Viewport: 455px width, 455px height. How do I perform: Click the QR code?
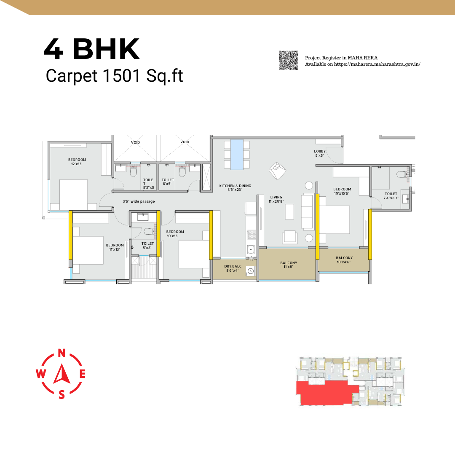pos(289,60)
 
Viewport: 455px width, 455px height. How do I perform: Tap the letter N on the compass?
pos(62,353)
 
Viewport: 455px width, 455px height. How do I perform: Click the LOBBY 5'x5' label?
pos(319,153)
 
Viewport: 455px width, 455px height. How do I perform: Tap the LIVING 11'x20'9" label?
pos(276,199)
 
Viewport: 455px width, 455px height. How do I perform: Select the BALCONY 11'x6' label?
pos(289,265)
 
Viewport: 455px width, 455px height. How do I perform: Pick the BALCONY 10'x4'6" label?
pos(344,260)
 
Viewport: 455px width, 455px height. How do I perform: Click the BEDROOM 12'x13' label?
pos(77,162)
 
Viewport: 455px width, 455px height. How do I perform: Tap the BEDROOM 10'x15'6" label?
pos(342,191)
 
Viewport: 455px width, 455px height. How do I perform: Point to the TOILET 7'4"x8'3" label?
pos(391,196)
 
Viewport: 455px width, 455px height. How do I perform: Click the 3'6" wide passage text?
pos(139,201)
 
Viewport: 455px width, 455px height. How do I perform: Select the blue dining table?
pos(237,154)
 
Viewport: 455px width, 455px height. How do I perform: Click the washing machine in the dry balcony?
pos(251,271)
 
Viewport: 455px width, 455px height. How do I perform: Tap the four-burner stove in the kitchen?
pos(251,235)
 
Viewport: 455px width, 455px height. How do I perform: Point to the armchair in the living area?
pos(277,170)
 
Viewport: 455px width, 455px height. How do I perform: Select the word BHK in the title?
pos(106,49)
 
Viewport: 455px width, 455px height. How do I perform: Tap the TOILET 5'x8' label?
pos(147,246)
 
